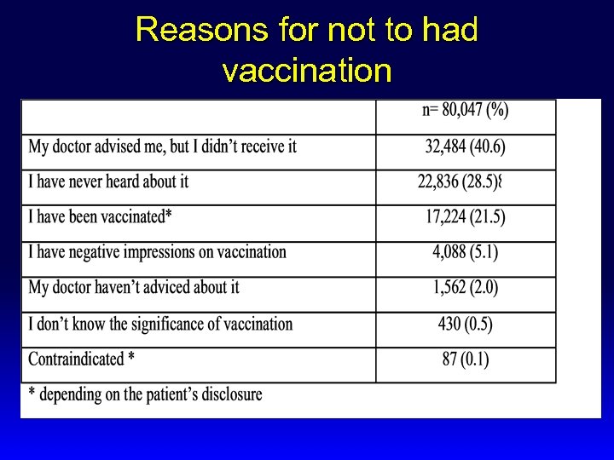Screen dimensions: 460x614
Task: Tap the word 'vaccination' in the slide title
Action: [306, 70]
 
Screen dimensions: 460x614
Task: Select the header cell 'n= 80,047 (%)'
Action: [465, 110]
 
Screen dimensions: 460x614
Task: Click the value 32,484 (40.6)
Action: [465, 147]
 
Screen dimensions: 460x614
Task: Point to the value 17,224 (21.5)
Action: [465, 217]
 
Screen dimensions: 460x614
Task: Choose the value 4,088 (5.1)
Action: [465, 252]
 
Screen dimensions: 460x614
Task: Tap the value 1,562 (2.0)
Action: [465, 288]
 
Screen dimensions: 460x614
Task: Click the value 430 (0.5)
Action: [465, 324]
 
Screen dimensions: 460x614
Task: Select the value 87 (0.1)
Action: [466, 359]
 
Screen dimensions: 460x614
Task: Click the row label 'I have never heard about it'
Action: [108, 181]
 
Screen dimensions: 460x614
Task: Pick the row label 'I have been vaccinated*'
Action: [101, 217]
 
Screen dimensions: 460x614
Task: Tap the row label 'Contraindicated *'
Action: [81, 359]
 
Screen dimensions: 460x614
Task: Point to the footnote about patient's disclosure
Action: [145, 394]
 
